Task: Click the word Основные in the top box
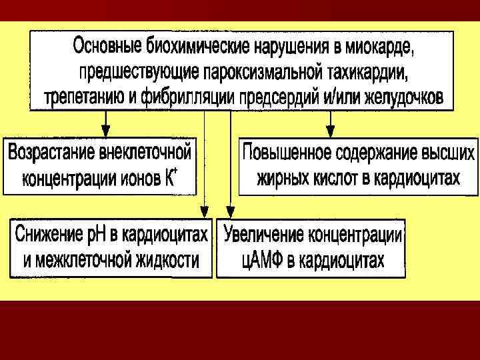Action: [103, 47]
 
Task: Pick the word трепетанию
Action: [83, 96]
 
